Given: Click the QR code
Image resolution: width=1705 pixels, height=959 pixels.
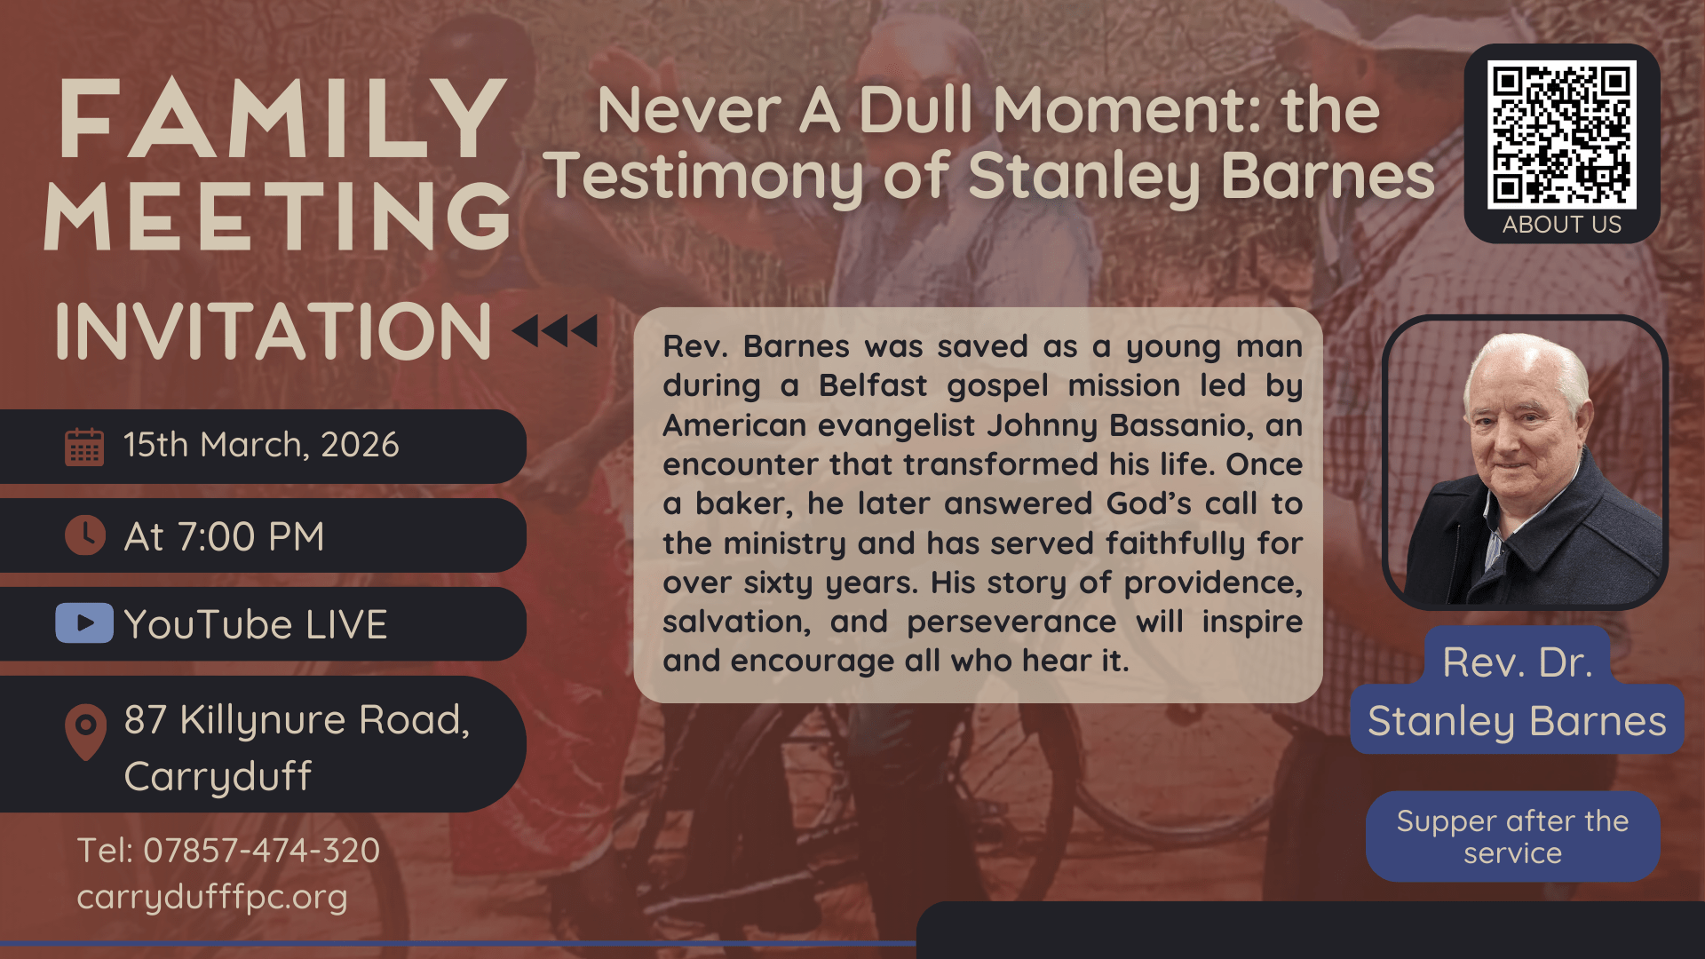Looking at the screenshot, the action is click(1562, 135).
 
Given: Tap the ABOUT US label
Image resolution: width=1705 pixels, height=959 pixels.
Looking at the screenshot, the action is click(1562, 225).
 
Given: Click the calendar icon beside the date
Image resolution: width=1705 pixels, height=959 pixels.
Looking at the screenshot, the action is click(84, 447).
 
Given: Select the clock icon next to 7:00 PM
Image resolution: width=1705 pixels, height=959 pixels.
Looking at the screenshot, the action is click(85, 535).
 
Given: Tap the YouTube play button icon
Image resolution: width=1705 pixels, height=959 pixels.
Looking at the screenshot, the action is click(84, 622).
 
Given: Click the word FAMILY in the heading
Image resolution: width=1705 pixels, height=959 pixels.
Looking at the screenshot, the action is click(283, 118).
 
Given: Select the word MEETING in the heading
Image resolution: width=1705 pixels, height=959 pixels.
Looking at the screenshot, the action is click(278, 216).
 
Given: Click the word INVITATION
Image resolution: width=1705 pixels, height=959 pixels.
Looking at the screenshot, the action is click(274, 331).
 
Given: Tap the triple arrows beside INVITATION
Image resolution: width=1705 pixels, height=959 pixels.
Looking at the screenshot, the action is click(555, 331).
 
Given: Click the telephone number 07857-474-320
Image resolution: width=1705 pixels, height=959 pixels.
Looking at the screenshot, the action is click(261, 851).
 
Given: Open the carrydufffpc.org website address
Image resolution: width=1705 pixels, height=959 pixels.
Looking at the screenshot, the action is click(212, 897).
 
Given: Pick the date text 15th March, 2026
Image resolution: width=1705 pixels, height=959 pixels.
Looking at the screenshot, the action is click(261, 445).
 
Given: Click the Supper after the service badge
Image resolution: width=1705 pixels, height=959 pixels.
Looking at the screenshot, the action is click(1512, 836).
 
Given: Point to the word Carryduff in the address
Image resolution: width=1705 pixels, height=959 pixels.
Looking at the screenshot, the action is click(218, 777).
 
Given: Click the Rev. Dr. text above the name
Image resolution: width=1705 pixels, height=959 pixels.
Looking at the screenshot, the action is click(1517, 662).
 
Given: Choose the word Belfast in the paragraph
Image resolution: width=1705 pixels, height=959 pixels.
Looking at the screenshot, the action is click(873, 386).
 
